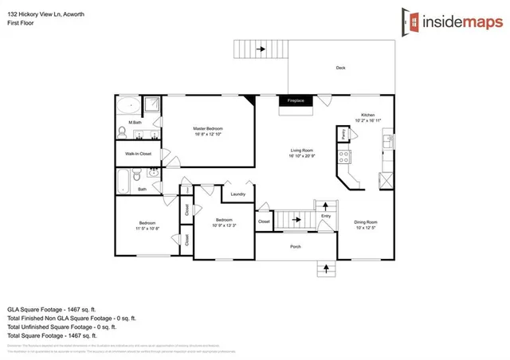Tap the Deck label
point(340,68)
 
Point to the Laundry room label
point(237,194)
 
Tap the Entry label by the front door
point(326,215)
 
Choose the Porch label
point(295,246)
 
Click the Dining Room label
point(366,222)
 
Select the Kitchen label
point(367,115)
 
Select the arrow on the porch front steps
point(325,268)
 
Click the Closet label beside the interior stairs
point(264,221)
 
